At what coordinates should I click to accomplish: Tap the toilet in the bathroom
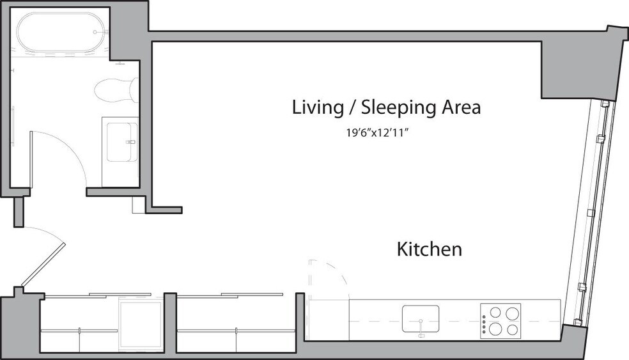[114, 90]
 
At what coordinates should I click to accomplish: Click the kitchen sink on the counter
[420, 318]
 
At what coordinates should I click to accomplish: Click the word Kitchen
[429, 249]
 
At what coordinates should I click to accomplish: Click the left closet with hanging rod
[79, 323]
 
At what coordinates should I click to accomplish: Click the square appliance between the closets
[141, 325]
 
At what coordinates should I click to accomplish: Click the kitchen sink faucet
[420, 333]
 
